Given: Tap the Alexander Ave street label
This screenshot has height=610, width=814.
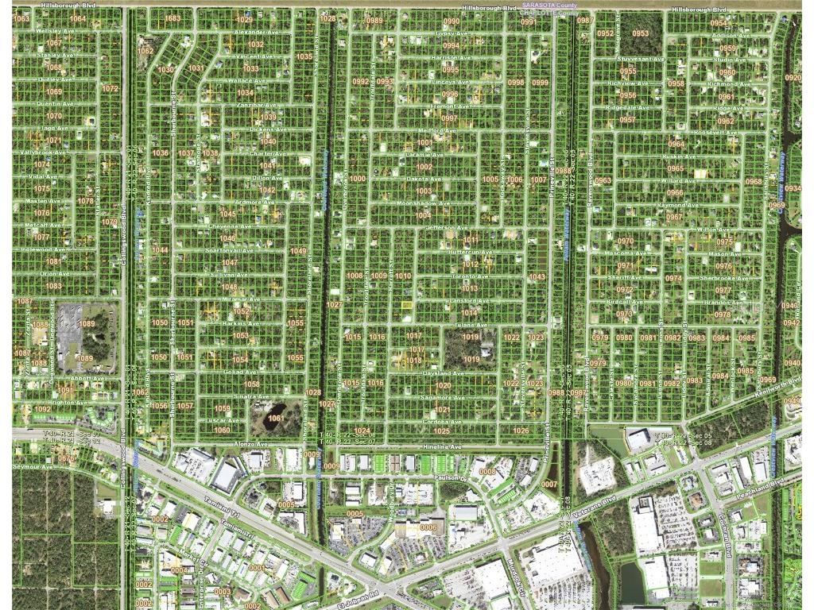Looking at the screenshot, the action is [x=255, y=33].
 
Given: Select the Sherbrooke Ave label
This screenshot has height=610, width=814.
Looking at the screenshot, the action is [x=723, y=279].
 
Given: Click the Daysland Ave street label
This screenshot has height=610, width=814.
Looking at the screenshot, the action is [x=443, y=373].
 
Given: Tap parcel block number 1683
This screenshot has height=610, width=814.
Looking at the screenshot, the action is [x=172, y=18].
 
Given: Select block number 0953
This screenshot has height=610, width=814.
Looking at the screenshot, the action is [x=641, y=33].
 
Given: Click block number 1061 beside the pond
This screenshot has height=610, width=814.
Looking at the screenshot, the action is [x=276, y=418].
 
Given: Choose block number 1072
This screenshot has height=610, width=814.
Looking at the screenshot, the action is [x=110, y=88].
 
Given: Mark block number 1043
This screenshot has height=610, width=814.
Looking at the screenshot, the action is [x=537, y=277].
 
